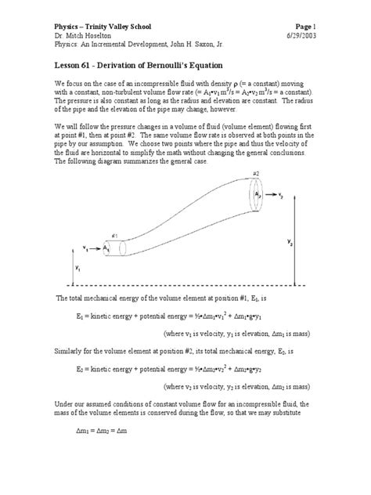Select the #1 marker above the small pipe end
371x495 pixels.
114,235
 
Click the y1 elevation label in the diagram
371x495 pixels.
77,268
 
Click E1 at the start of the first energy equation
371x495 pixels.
81,316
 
